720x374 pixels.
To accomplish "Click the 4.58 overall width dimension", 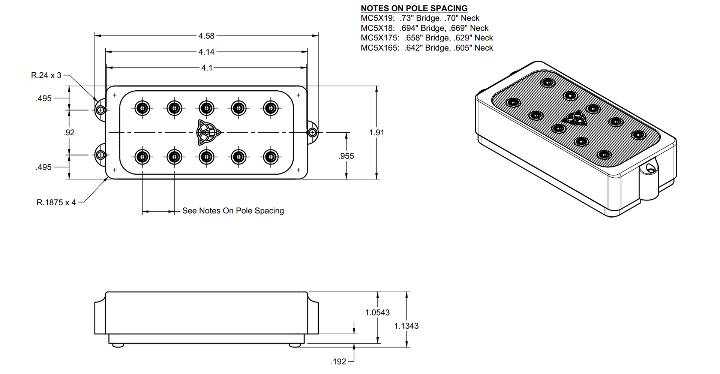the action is point(207,36).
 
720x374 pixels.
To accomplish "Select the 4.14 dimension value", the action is point(207,52).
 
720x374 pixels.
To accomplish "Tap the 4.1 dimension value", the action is point(207,68).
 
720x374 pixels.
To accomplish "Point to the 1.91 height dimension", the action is point(376,133).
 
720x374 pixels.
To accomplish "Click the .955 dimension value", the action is point(346,156).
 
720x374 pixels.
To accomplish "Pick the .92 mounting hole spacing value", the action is point(69,133).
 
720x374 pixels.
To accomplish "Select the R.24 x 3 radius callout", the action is point(46,75).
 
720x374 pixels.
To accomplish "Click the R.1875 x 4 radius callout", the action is point(56,203).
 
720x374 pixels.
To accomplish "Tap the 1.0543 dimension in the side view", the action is point(377,313).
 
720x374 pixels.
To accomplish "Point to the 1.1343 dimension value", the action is point(406,326).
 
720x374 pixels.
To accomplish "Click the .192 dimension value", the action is point(338,362).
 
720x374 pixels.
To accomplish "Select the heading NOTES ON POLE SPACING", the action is point(414,8).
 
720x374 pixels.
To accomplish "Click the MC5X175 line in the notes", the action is point(427,38).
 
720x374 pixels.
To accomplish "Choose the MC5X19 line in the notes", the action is point(420,18).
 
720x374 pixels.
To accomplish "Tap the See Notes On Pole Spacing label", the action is point(233,211).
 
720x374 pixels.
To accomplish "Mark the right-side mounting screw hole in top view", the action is point(312,132).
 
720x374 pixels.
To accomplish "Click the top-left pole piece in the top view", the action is point(142,108).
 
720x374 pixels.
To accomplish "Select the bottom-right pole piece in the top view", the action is point(270,157).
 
